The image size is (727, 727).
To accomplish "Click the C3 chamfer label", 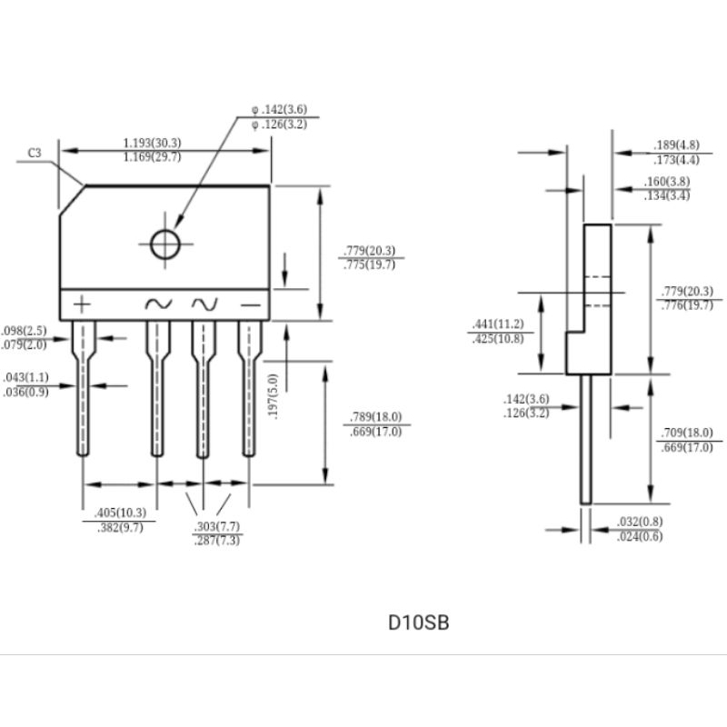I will pos(35,154).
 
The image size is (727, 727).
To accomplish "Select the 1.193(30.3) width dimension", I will pos(152,143).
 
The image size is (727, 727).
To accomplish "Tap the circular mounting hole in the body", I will pos(165,244).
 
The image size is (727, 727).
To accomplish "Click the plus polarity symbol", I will pos(83,304).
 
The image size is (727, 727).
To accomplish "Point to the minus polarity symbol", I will pos(250,304).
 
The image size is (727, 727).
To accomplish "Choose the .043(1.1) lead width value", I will pos(25,377).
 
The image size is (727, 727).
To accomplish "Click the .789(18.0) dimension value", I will pos(374,417).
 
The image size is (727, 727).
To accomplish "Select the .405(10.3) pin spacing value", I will pos(119,513).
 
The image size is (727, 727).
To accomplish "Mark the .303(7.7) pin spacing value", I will pos(217,526).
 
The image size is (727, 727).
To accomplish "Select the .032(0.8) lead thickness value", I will pos(639,523).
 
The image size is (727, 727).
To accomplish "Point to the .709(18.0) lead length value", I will pos(686,433).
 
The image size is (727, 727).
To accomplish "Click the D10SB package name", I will pos(418,623).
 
